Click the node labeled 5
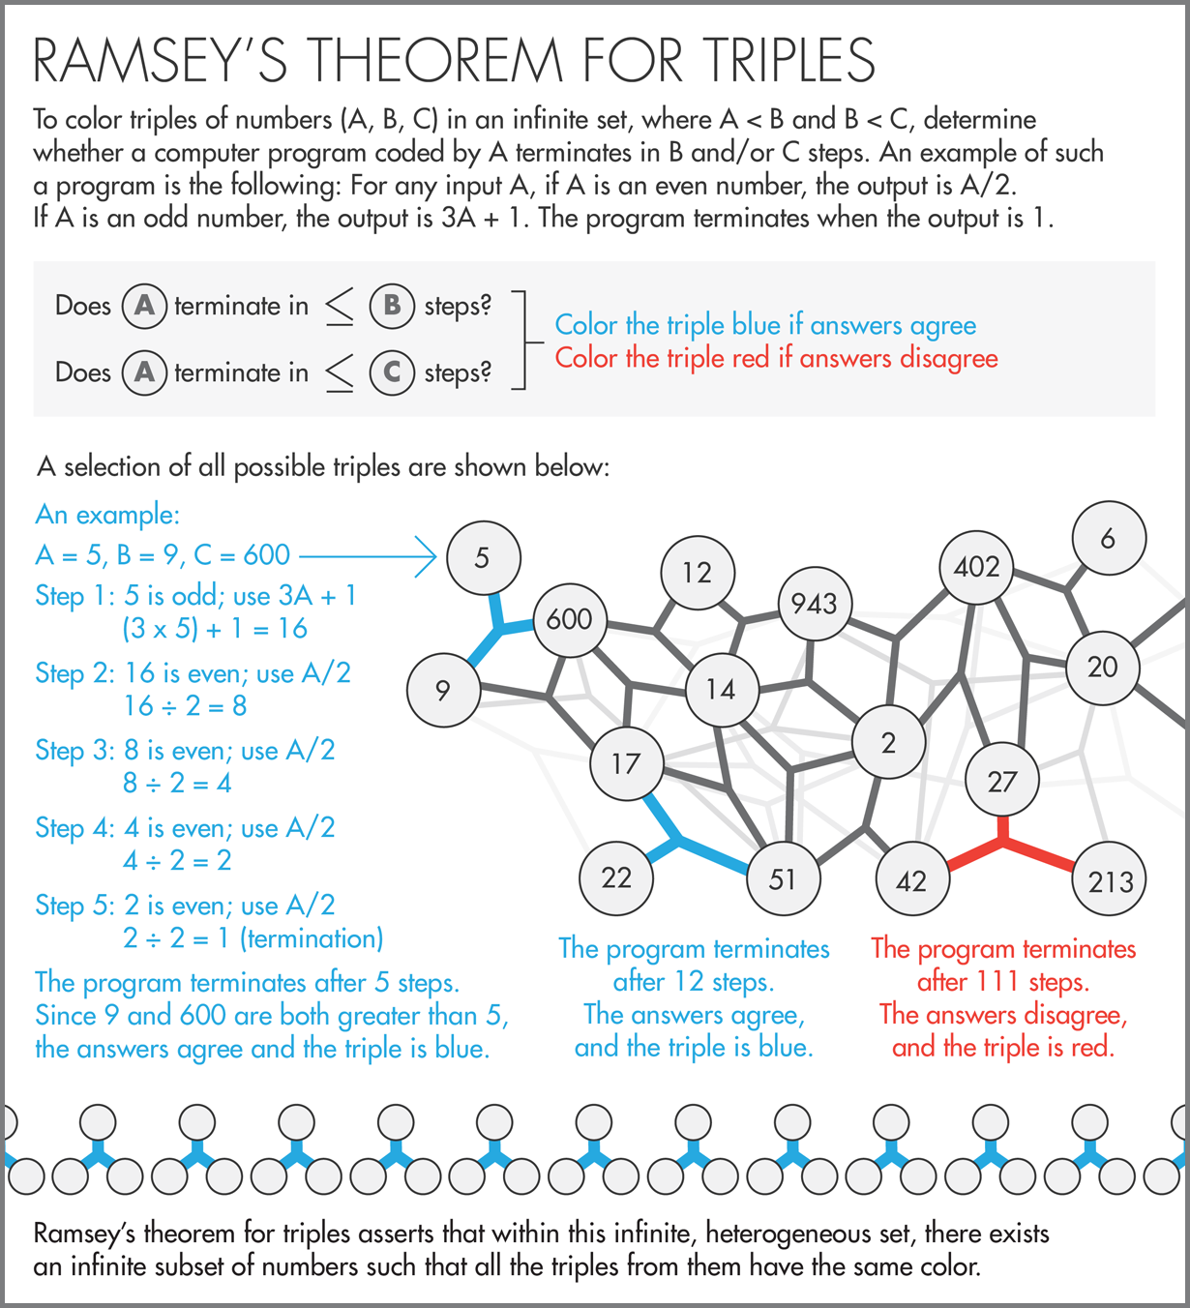483,557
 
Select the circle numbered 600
569,619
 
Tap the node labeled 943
815,604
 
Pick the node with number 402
976,566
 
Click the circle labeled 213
1110,880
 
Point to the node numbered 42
911,880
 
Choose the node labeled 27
1002,781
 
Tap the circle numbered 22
616,878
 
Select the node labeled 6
1109,538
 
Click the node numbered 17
626,763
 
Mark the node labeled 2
888,743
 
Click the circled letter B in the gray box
392,306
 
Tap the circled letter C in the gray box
392,372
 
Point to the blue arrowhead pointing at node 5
427,556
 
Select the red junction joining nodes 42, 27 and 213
1003,844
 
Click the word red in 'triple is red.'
1091,1047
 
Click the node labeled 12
697,573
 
